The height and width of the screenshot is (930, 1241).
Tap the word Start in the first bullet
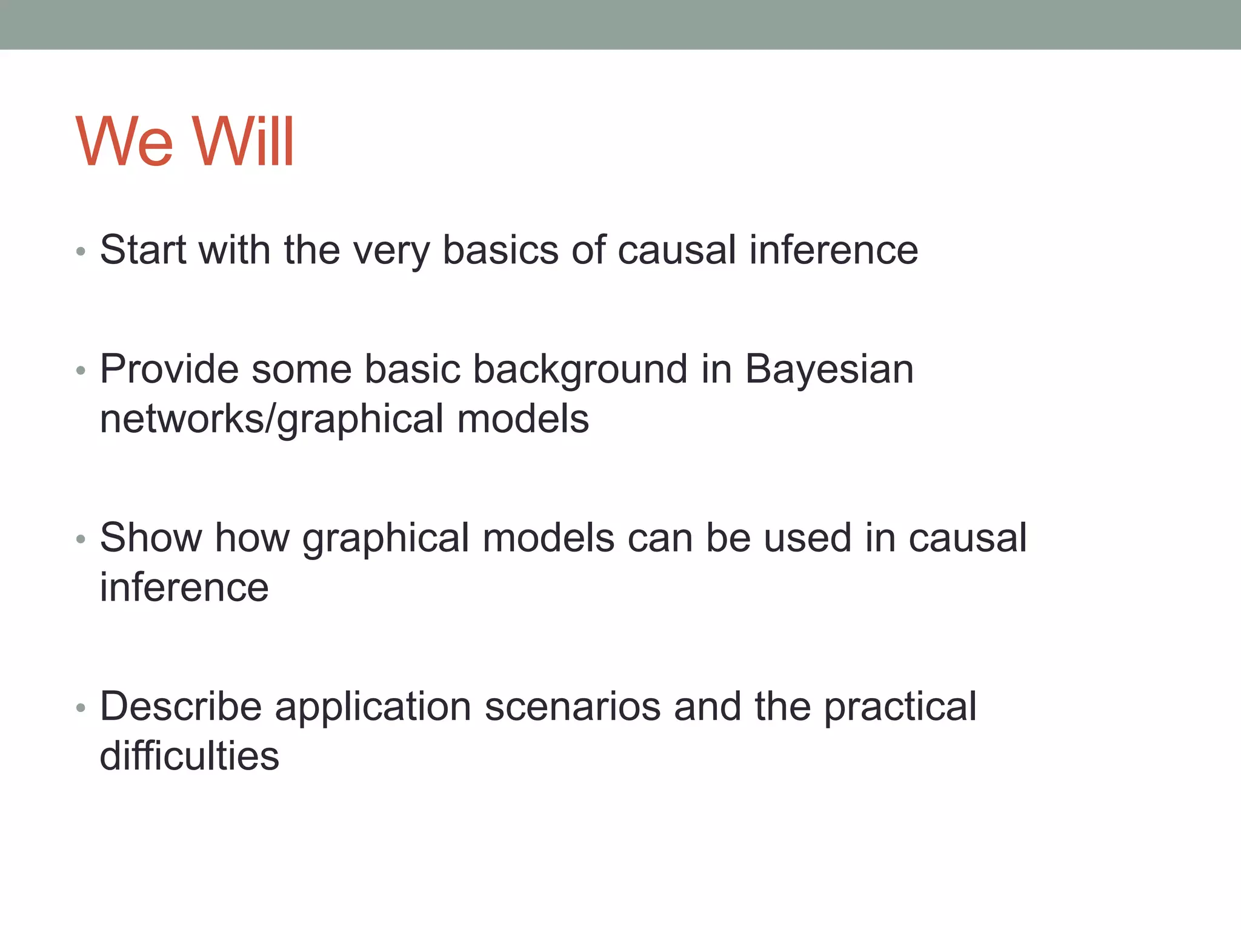[x=143, y=249]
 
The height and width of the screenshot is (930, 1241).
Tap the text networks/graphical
[x=271, y=420]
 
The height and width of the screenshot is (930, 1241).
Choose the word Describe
[x=181, y=707]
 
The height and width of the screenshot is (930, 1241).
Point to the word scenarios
[x=573, y=707]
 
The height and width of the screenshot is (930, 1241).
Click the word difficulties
[x=189, y=756]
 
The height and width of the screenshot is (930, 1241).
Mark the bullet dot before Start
[x=81, y=251]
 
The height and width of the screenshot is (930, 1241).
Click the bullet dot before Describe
[x=81, y=707]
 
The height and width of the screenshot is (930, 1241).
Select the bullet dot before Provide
[x=81, y=370]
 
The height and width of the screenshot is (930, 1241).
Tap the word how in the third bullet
[x=252, y=538]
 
